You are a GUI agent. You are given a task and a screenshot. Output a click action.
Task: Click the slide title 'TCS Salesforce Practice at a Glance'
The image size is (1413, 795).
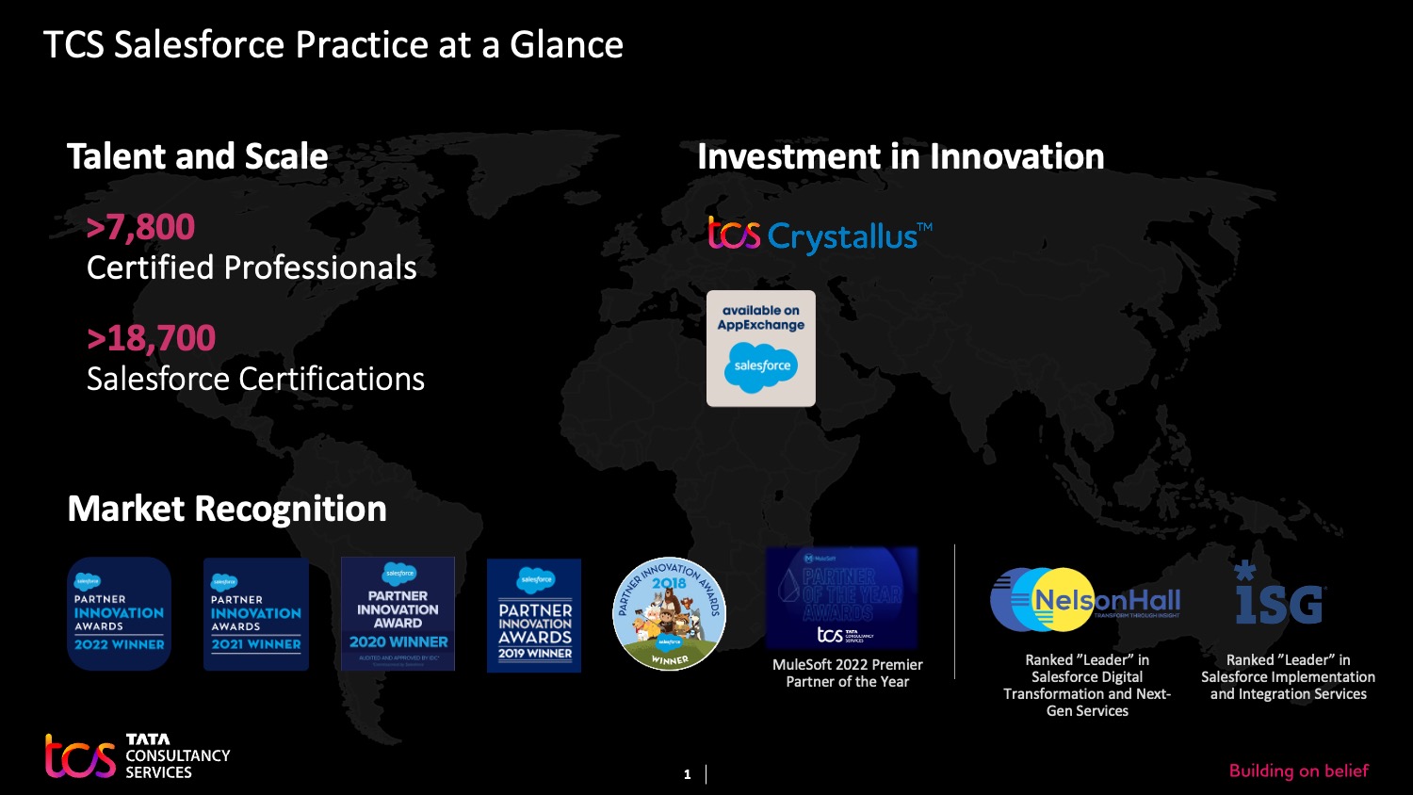333,45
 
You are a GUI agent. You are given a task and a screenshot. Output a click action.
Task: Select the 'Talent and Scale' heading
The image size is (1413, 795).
197,156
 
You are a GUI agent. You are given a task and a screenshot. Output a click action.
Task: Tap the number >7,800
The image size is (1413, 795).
140,227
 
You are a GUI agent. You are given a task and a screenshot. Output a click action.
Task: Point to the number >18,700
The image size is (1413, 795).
151,338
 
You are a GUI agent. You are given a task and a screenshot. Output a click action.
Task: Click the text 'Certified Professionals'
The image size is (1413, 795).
252,268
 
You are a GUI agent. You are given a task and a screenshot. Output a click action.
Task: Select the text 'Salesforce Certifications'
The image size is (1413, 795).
255,379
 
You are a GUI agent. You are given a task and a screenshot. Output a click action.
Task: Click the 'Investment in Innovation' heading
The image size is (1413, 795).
901,156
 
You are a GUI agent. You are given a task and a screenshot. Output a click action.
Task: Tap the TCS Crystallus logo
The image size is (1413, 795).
820,235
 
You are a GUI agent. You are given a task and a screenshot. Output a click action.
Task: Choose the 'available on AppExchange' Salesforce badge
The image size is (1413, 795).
761,349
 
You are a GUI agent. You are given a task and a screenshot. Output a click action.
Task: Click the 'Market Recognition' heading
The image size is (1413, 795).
227,509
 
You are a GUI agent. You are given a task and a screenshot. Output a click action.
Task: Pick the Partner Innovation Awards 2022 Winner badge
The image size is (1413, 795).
119,613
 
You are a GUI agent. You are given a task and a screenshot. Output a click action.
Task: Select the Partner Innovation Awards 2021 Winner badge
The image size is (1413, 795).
256,614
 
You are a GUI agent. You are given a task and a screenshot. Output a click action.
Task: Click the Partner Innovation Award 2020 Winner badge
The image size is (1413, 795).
398,613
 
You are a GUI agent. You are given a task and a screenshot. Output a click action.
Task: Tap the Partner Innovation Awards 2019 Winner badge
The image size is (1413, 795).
534,615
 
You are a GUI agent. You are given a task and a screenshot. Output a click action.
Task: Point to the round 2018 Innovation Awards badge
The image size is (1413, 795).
669,613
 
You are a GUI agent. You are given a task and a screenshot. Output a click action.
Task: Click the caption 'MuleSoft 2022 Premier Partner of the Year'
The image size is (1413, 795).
847,673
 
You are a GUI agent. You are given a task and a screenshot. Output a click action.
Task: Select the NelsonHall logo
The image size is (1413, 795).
1085,600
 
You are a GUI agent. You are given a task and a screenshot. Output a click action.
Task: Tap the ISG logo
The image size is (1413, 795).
1279,595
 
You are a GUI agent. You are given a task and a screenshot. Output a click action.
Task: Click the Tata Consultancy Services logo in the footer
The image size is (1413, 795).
138,756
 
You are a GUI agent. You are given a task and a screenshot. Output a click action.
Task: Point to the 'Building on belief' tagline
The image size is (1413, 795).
1298,771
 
